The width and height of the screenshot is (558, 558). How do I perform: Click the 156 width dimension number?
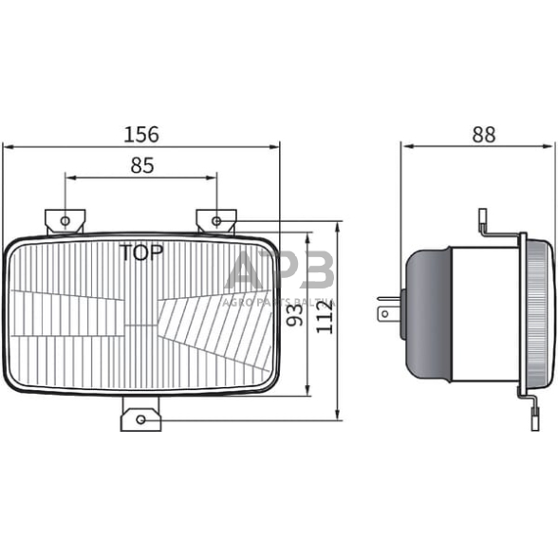(x=141, y=134)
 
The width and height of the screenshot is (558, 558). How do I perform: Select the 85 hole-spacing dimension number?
(x=141, y=165)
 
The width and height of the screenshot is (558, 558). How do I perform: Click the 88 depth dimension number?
(x=483, y=134)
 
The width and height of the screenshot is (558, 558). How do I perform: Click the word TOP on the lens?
(x=140, y=251)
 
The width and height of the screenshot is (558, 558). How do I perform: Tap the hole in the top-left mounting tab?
(x=65, y=221)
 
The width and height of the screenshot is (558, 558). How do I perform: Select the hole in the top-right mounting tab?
(x=216, y=221)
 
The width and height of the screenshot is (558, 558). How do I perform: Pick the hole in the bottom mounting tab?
(x=141, y=418)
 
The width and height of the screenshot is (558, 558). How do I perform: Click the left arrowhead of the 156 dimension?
(x=8, y=146)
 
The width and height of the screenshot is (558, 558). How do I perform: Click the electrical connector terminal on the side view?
(x=387, y=309)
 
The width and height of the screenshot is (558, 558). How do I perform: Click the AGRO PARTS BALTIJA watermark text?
(x=279, y=302)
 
